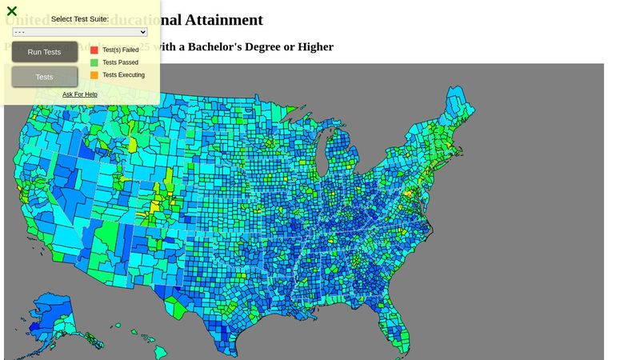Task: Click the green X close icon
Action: [x=12, y=11]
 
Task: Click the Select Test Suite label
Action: [x=80, y=19]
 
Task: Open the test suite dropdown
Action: [x=80, y=32]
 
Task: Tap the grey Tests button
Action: [x=45, y=77]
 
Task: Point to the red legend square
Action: [x=94, y=50]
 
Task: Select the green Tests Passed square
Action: [x=94, y=62]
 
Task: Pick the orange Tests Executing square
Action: [x=94, y=75]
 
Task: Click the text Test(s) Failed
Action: [x=121, y=50]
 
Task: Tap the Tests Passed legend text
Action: [x=120, y=62]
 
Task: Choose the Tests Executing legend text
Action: [x=123, y=75]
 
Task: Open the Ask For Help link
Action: [x=80, y=94]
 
